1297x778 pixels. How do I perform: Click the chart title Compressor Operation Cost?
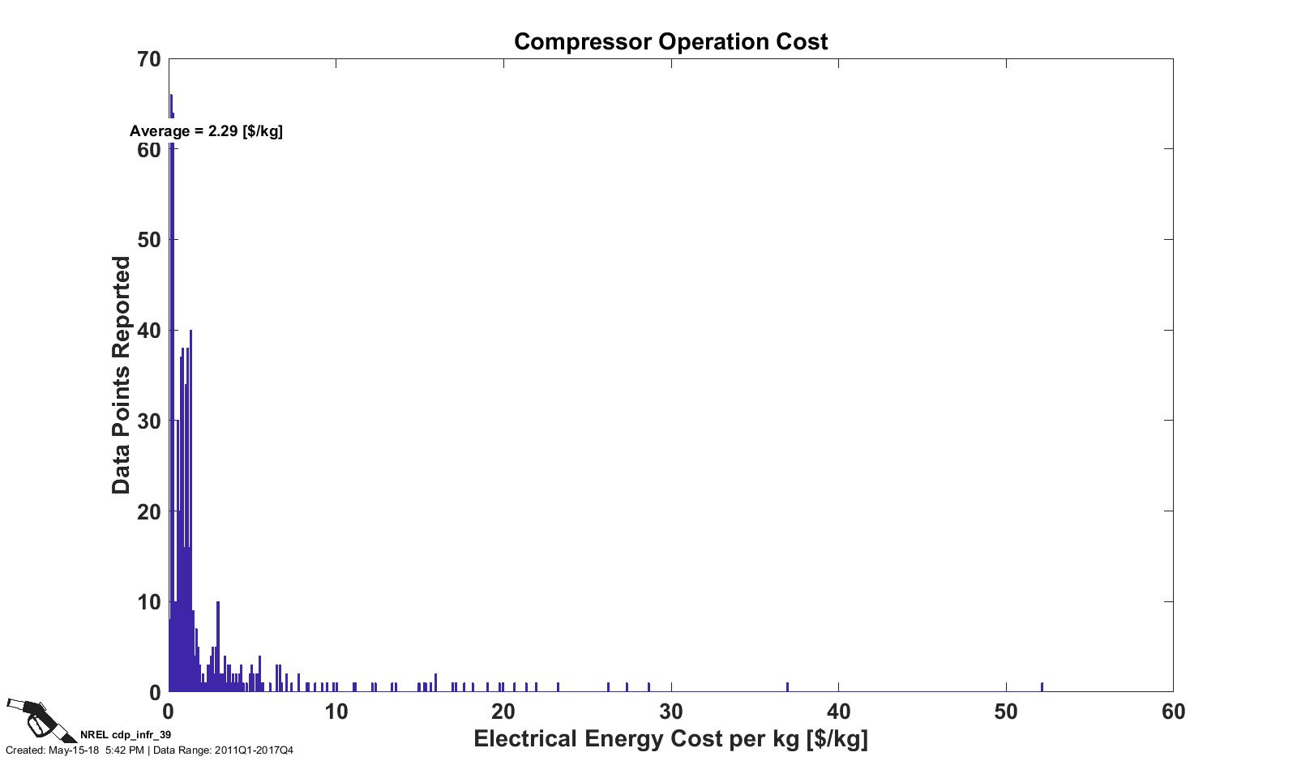tap(670, 41)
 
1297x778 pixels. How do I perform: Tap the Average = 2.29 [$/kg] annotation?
tap(206, 131)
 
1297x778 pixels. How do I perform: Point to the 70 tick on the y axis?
tap(149, 59)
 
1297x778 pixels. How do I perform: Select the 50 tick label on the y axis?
tap(149, 240)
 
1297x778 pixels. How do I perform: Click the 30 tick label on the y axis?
tap(149, 421)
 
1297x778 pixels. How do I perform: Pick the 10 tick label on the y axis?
tap(149, 602)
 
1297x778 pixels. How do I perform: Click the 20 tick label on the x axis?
tap(503, 712)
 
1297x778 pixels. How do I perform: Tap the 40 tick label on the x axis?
tap(838, 712)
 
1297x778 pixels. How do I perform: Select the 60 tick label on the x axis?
tap(1173, 712)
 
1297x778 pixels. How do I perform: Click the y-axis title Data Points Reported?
tap(122, 375)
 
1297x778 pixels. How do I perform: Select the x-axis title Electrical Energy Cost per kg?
tap(670, 739)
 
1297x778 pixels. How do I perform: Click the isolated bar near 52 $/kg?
tap(1042, 687)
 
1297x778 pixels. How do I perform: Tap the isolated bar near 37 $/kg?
tap(787, 687)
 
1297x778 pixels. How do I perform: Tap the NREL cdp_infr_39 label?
tap(126, 735)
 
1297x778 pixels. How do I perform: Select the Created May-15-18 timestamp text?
tap(75, 750)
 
